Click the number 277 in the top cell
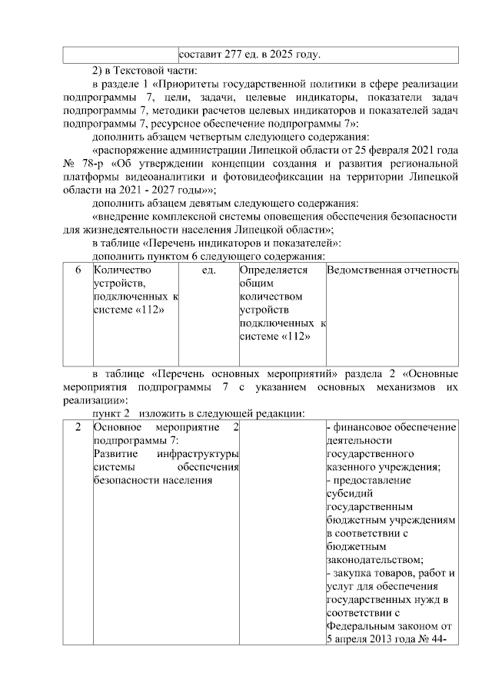(234, 55)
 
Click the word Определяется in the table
(274, 270)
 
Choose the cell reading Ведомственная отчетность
(392, 270)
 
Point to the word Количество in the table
(121, 270)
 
